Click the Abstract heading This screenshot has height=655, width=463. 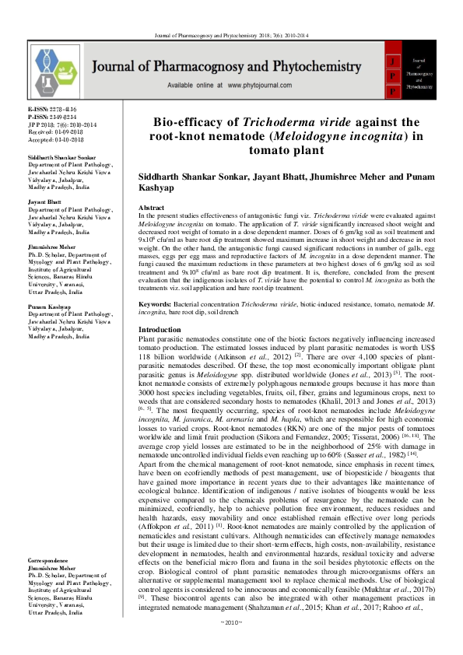[x=151, y=209]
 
